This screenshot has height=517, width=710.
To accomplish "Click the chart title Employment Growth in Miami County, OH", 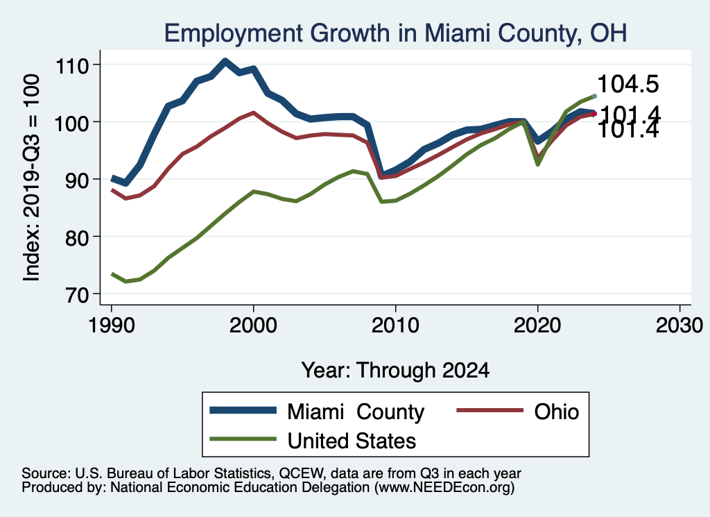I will [395, 33].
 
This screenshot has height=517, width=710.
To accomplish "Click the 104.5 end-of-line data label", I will [627, 84].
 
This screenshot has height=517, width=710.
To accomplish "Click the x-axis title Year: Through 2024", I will [395, 370].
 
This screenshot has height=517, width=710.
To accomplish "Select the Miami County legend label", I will [356, 412].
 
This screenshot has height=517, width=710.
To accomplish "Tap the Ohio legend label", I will [556, 412].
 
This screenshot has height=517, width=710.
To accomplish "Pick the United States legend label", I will [352, 440].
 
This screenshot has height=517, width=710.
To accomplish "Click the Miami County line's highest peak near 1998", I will [225, 61].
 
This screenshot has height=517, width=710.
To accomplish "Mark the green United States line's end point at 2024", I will [594, 96].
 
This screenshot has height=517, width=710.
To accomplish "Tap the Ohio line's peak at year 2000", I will [253, 112].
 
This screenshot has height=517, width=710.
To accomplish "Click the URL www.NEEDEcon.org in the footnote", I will [444, 488].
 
